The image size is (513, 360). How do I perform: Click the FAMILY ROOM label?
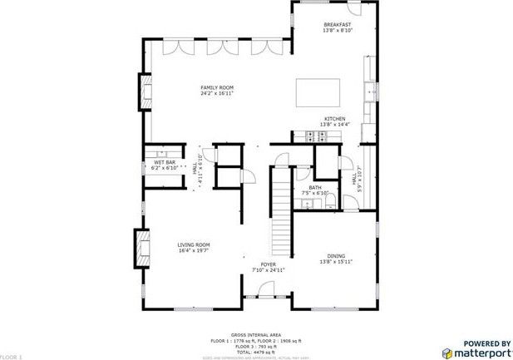coord(217,87)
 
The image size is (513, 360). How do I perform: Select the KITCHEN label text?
coord(334,119)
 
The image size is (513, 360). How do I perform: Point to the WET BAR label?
coord(165,162)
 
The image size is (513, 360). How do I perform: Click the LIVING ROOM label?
coord(193,244)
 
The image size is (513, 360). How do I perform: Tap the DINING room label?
coord(336,256)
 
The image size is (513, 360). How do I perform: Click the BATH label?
coord(315,188)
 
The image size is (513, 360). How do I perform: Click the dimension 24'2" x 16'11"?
coord(217,93)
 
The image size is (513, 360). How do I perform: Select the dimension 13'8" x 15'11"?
coord(336,262)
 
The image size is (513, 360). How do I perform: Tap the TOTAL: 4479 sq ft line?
coord(255,352)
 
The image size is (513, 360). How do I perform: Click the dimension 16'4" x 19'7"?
coord(193,250)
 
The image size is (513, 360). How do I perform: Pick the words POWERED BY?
coord(486,343)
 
